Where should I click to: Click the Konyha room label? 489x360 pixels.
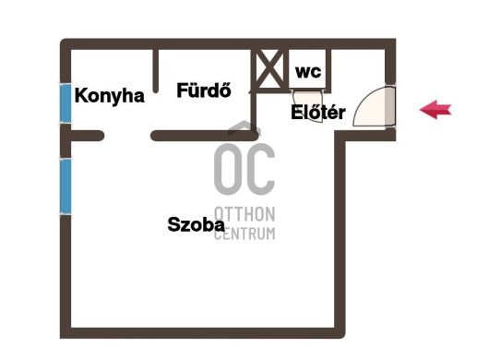point(110,96)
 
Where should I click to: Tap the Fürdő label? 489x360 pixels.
point(204,90)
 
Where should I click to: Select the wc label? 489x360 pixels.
point(308,72)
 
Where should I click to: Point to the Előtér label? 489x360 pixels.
point(317,112)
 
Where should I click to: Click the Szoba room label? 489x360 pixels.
point(196,224)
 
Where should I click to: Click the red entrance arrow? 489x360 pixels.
point(435,110)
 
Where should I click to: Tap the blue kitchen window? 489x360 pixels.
point(66,103)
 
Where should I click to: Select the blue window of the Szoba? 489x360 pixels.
point(66,186)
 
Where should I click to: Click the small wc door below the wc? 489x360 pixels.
point(308,106)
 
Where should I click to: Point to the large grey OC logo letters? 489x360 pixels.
point(244,169)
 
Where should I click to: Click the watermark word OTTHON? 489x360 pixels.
point(244,214)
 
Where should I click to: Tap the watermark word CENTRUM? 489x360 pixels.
point(244,233)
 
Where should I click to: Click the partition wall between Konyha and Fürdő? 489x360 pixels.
point(156,71)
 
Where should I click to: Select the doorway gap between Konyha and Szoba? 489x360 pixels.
point(127,136)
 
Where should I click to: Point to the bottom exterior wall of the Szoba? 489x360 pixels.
point(203,333)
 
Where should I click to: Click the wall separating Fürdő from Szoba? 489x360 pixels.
point(205,136)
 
